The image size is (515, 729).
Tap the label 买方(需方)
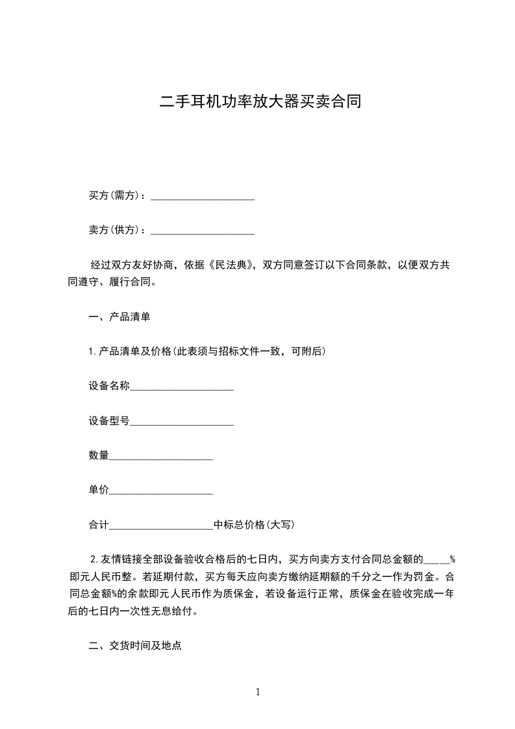115,196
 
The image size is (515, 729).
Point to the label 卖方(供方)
115,230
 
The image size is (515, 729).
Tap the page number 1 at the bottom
258,692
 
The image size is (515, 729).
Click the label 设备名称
109,387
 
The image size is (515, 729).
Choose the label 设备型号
109,421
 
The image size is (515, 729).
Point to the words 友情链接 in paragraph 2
121,559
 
